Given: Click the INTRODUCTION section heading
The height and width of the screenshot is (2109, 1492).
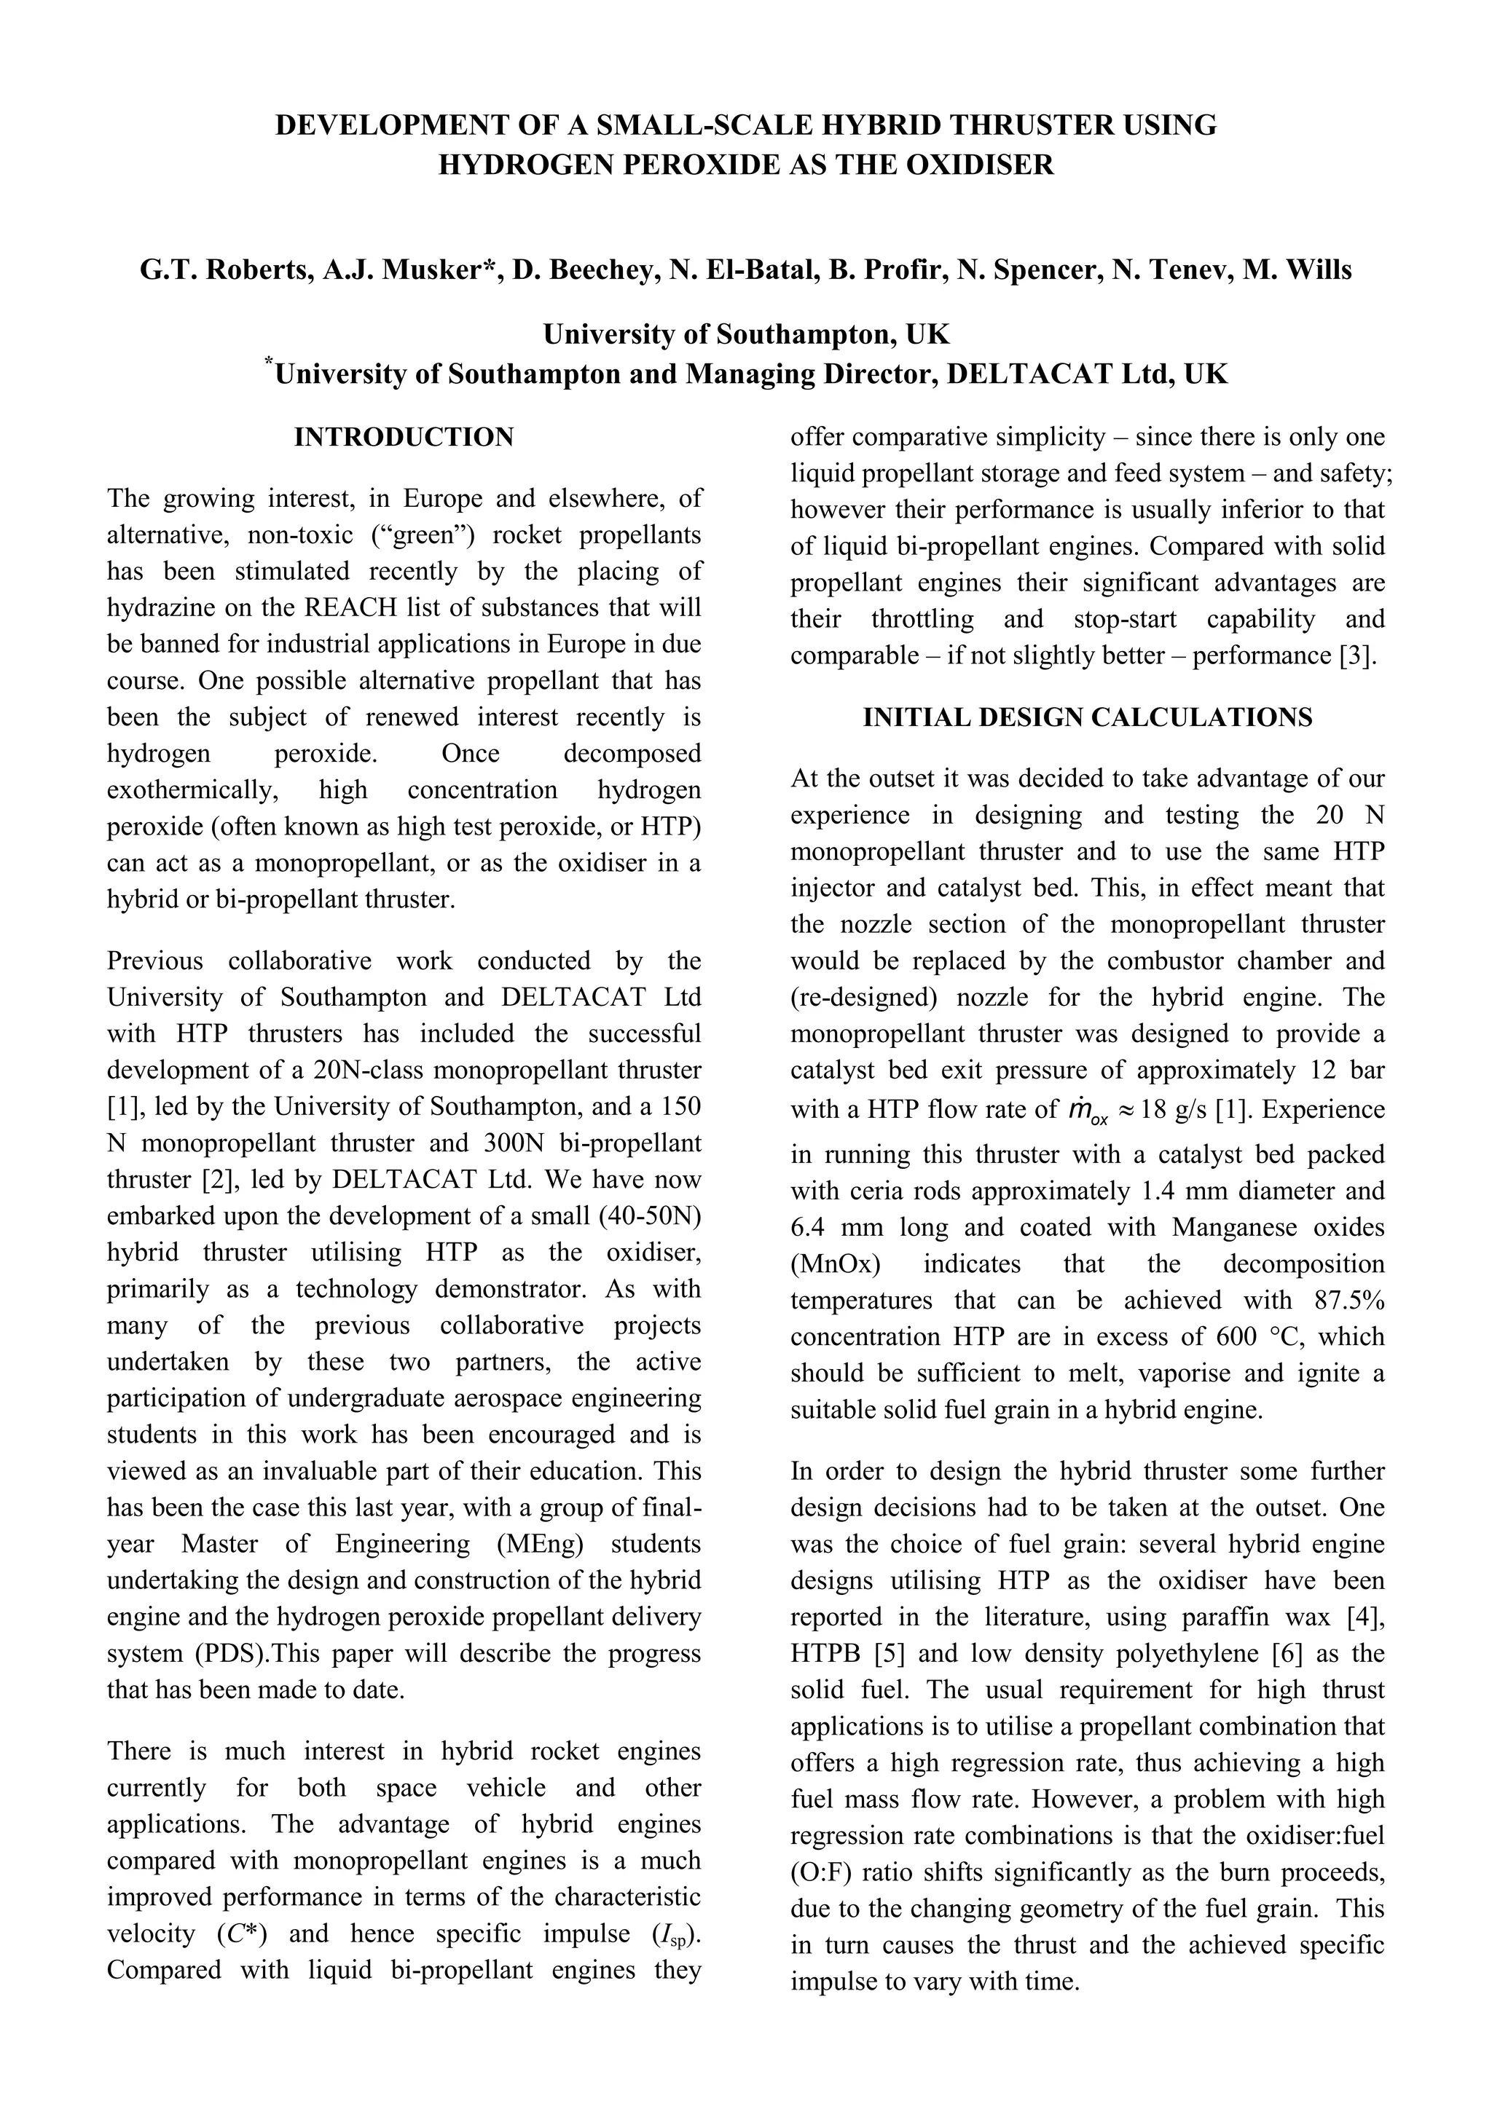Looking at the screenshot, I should pos(404,437).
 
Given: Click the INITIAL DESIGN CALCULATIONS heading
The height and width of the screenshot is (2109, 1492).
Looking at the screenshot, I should pos(1088,717).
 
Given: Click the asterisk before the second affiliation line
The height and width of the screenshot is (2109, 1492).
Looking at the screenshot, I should pos(269,363).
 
